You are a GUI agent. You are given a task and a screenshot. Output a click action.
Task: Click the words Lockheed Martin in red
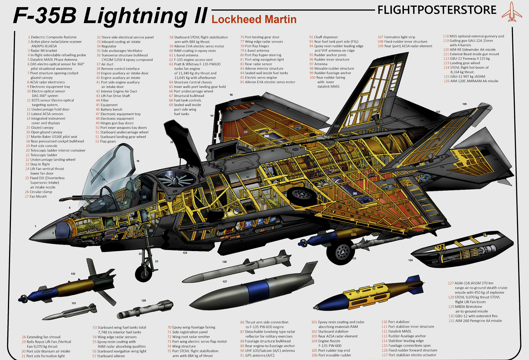point(254,19)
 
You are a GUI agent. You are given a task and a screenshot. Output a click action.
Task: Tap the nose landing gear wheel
point(144,273)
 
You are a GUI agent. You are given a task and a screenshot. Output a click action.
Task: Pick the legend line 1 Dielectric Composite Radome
point(53,37)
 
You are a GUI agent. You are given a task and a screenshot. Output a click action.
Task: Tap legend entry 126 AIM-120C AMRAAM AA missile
point(471,81)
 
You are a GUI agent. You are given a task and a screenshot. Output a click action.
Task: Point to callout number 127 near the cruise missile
point(225,282)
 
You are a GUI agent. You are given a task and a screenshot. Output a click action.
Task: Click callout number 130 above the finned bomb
point(73,274)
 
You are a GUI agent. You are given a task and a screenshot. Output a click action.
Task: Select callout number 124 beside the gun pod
point(411,260)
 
